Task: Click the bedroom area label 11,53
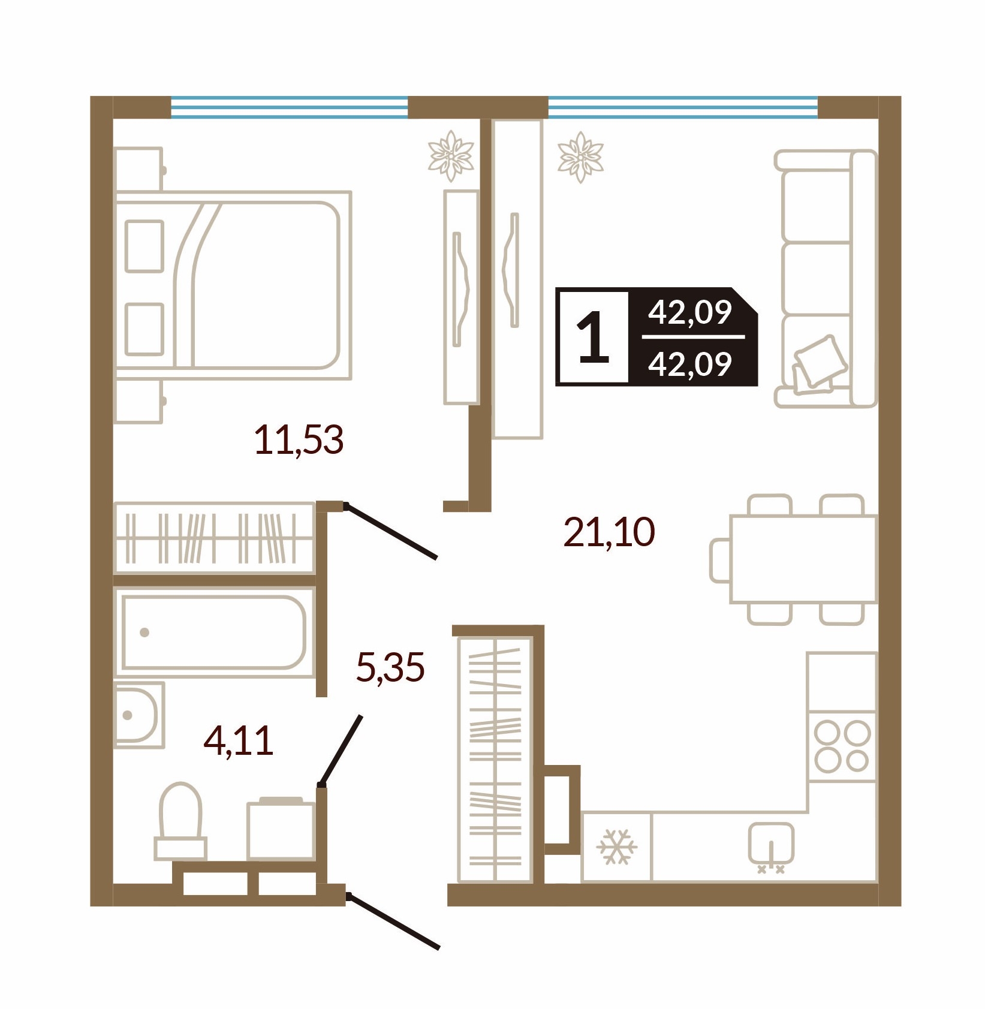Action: coord(299,440)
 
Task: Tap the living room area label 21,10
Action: coord(609,532)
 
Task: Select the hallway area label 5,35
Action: coord(390,667)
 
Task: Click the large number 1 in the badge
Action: coord(592,338)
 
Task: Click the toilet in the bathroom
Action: coord(180,820)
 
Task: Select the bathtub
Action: coord(214,632)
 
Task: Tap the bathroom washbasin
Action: coord(138,715)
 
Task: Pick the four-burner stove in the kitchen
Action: coord(842,746)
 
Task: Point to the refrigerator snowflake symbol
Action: coord(616,847)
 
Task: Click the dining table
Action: coord(803,559)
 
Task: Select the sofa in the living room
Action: coord(825,279)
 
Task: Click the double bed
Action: coord(233,285)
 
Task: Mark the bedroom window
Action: coord(289,107)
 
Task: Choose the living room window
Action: coord(683,107)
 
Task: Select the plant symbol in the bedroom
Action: coord(451,156)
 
